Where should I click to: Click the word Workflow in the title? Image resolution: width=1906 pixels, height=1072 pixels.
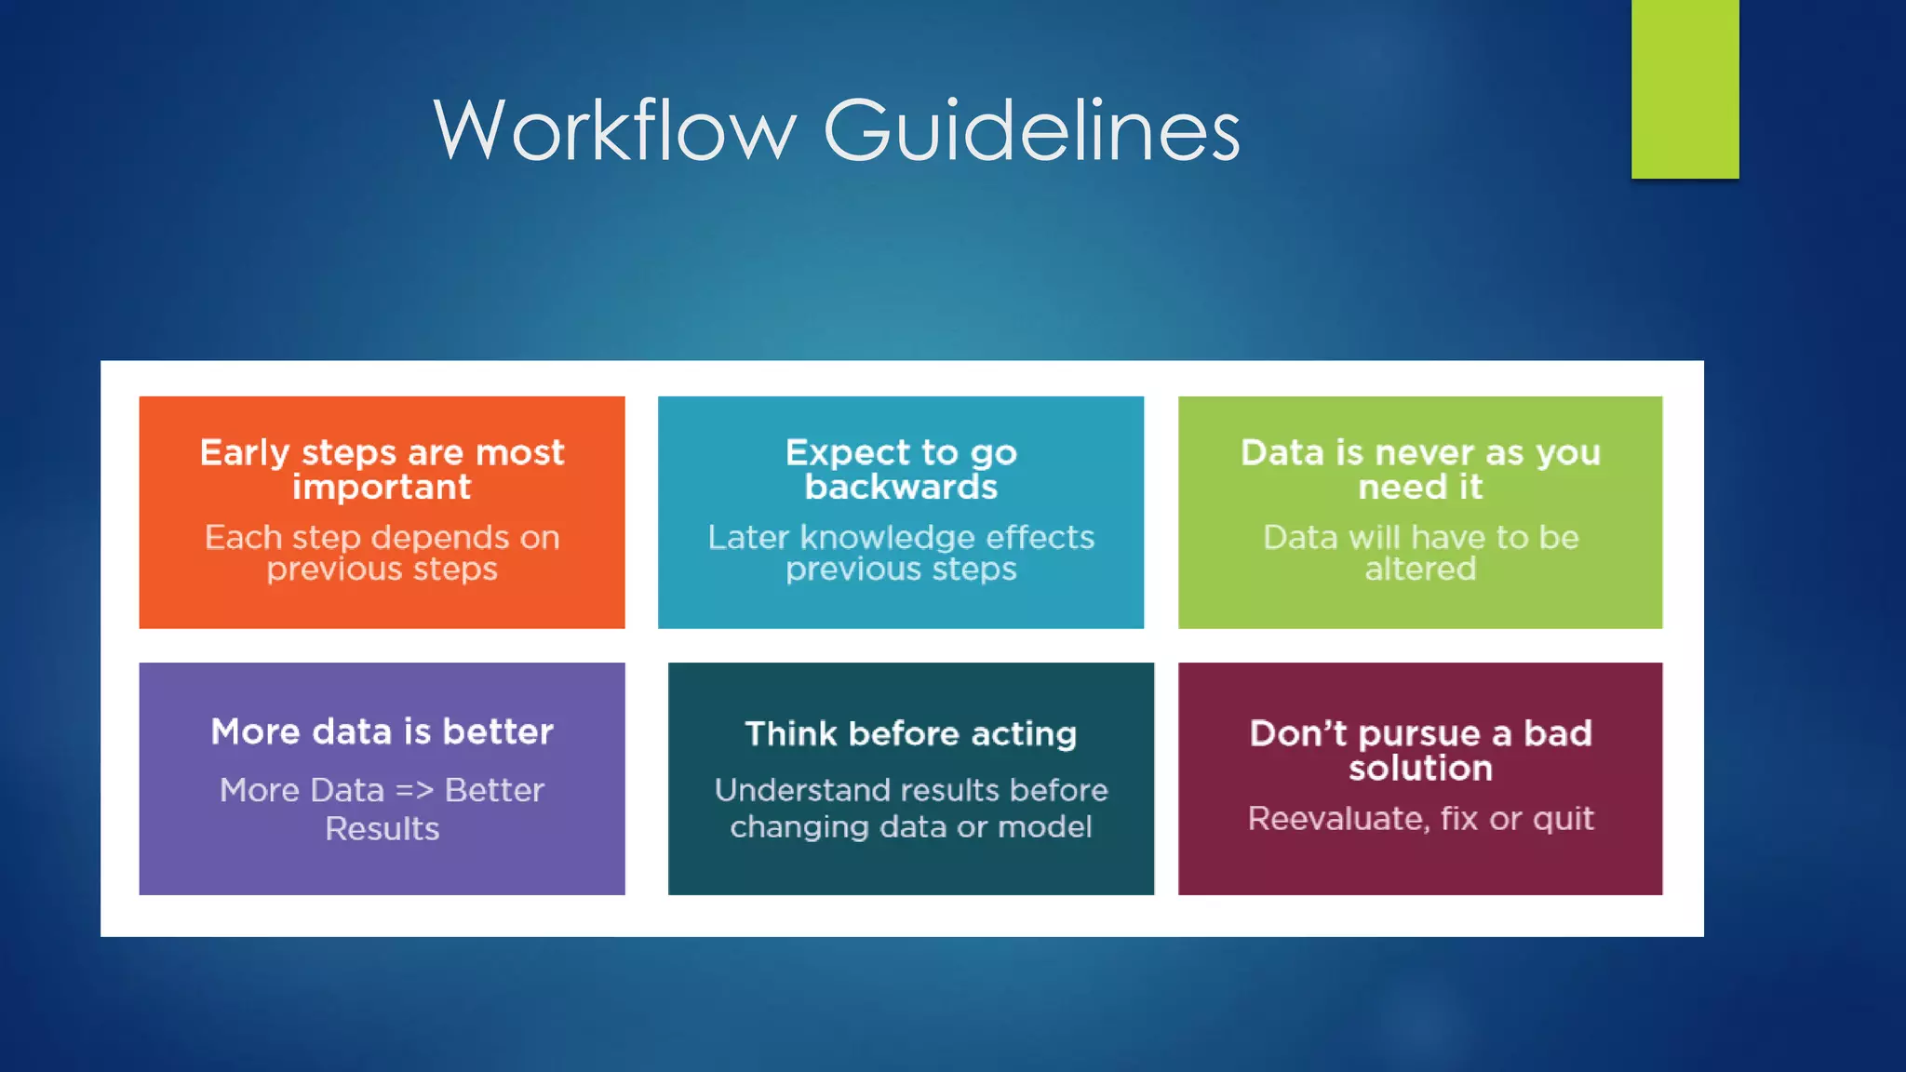(615, 131)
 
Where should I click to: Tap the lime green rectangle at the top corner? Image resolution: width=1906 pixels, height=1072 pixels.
(1685, 88)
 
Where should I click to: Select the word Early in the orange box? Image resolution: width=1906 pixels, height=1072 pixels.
(245, 453)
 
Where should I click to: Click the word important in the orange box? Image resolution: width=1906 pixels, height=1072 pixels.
(382, 488)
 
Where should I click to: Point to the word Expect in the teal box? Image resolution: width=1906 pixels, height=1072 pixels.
(847, 453)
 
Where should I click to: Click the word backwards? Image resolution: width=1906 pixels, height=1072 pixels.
(901, 488)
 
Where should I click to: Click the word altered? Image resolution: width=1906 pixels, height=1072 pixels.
(1420, 569)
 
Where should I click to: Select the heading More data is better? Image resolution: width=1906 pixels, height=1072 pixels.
(382, 732)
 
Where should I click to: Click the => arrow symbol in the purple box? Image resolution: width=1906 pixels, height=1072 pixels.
(414, 791)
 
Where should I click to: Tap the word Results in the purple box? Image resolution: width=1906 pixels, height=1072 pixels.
(382, 829)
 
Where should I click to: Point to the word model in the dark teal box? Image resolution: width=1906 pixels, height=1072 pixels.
(1047, 827)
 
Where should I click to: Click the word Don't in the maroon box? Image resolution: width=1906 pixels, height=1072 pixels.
(1298, 734)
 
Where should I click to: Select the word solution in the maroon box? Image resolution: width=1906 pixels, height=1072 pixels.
(1420, 769)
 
